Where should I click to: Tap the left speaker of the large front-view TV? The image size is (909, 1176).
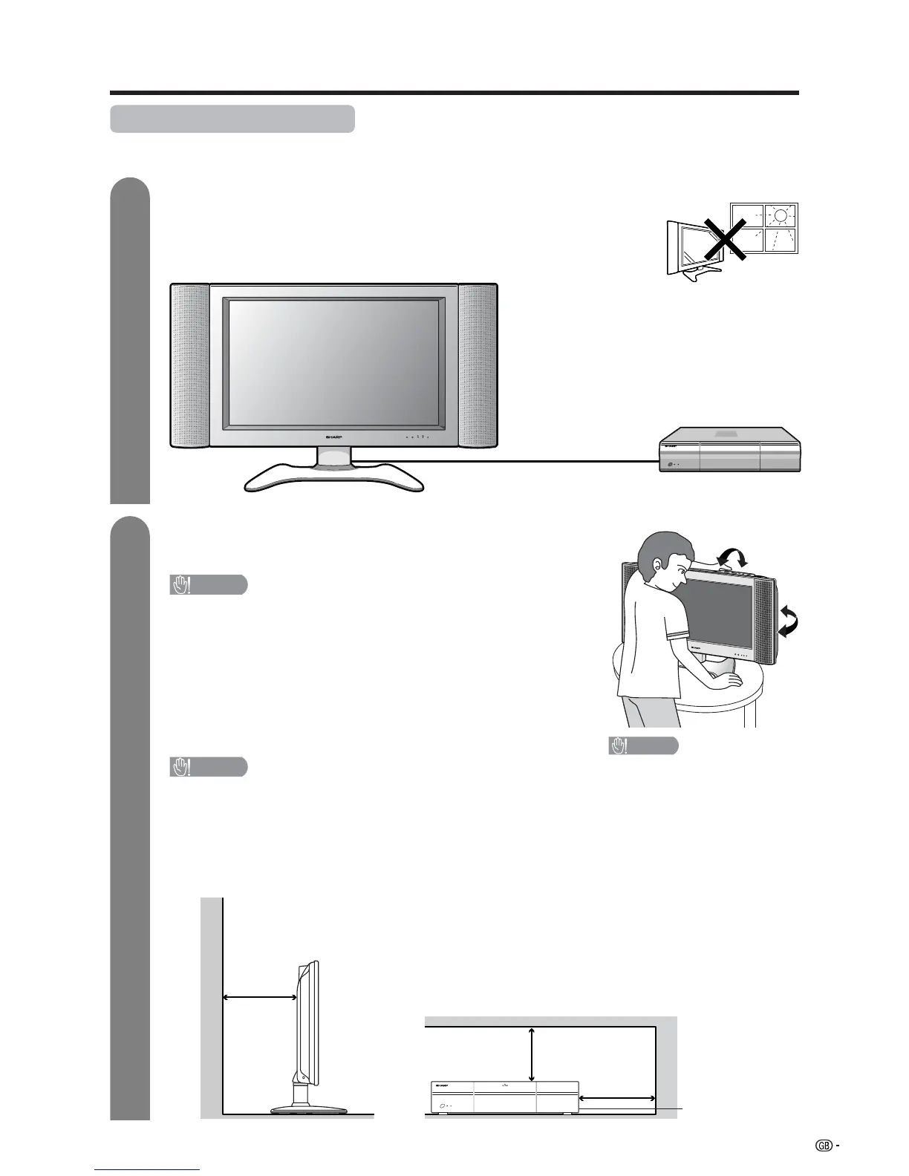(x=190, y=366)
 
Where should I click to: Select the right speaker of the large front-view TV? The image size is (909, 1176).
(x=478, y=366)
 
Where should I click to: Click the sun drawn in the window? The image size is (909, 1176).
(x=780, y=216)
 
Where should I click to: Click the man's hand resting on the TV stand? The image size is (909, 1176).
(x=723, y=681)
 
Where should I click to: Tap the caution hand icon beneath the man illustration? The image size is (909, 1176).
(x=619, y=746)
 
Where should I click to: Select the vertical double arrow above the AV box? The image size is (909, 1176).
(x=532, y=1054)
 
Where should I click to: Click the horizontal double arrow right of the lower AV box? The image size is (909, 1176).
(x=617, y=1097)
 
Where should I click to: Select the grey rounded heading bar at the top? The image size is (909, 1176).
(x=232, y=119)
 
